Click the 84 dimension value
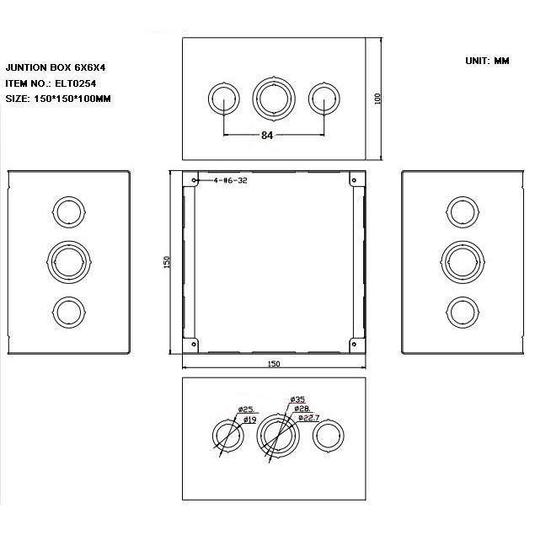[267, 135]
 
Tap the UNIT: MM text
[486, 62]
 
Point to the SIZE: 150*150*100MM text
[58, 99]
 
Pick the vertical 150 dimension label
[168, 262]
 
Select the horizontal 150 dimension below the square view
[273, 364]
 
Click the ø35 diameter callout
[297, 399]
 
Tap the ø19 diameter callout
[250, 419]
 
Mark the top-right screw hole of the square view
[351, 179]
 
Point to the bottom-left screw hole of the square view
[195, 344]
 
